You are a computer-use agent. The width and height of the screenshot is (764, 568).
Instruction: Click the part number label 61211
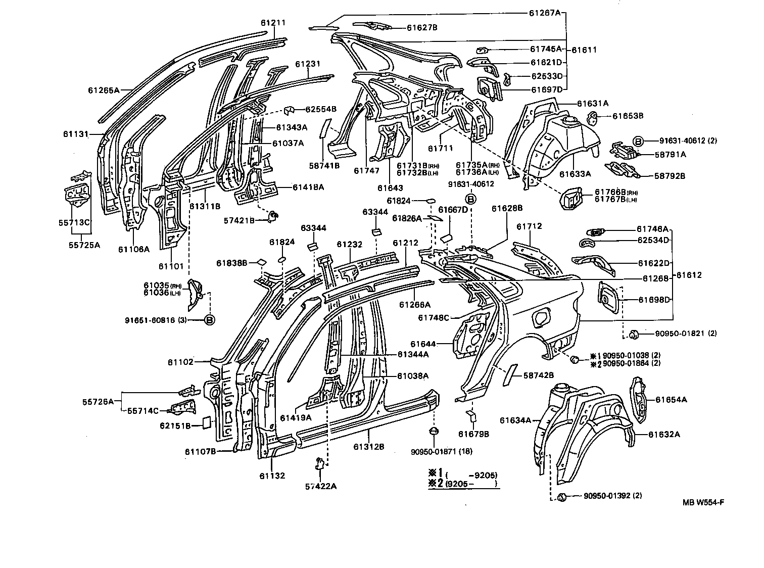[x=273, y=22]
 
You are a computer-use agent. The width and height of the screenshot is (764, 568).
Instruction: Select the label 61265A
[x=103, y=90]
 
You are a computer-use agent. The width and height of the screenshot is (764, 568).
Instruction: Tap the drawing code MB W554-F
[x=704, y=502]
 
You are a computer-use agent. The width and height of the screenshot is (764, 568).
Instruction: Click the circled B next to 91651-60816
[x=209, y=319]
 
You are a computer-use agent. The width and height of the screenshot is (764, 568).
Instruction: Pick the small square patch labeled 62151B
[x=206, y=422]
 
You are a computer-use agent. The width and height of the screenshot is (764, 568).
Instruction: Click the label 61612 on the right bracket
[x=689, y=275]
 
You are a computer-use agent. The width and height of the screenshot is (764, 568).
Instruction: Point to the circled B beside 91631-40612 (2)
[x=638, y=141]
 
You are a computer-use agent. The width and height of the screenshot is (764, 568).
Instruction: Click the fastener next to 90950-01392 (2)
[x=561, y=497]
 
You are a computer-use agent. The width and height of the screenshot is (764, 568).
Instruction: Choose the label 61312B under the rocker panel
[x=369, y=447]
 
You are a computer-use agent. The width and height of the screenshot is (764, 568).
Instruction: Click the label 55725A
[x=84, y=246]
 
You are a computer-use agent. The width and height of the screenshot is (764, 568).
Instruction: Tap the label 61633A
[x=575, y=174]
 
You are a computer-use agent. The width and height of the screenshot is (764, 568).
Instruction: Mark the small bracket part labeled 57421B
[x=273, y=216]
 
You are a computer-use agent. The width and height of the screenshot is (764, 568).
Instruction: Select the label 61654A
[x=671, y=399]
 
